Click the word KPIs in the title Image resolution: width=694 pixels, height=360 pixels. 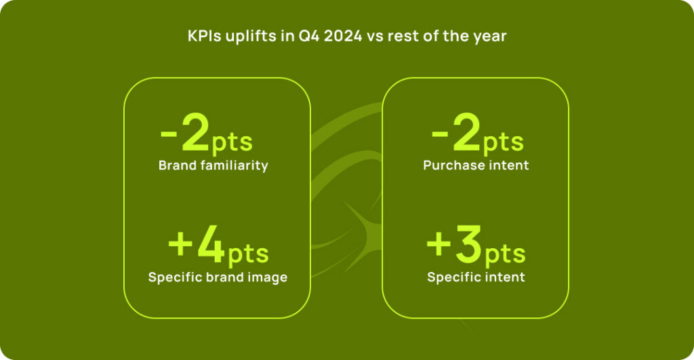205,36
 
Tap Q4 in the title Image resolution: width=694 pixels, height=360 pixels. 309,37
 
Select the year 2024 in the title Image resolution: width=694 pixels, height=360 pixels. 343,36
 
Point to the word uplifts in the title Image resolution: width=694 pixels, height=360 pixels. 251,37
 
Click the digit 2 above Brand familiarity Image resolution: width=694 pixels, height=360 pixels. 196,132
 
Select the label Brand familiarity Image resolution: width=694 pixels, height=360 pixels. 213,165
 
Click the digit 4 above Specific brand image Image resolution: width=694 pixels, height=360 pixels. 211,245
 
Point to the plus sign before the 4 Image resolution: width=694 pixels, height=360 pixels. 180,244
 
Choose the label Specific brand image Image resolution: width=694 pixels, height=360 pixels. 218,278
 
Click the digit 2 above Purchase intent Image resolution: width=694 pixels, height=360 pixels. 466,132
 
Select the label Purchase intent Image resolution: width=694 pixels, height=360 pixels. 476,165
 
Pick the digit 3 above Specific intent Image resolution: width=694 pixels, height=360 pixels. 469,245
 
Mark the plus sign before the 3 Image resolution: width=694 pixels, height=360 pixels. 438,244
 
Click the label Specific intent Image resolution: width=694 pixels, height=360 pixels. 476,277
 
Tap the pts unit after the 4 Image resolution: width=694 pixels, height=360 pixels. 248,254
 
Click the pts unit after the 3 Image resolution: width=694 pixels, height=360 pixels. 506,254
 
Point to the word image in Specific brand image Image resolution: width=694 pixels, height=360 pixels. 270,279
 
